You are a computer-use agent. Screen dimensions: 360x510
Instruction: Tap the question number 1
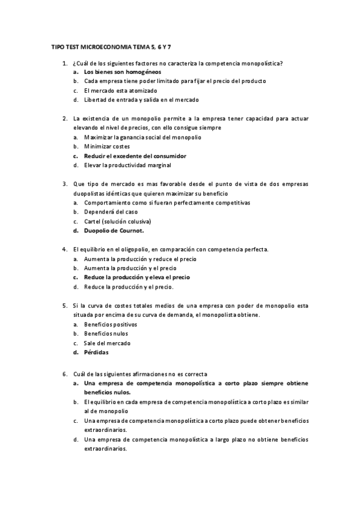tap(64, 63)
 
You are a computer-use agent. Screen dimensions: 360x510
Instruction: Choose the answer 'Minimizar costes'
tap(107, 146)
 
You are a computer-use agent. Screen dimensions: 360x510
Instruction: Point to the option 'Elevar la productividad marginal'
tap(128, 165)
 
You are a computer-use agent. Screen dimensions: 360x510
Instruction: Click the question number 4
tap(64, 249)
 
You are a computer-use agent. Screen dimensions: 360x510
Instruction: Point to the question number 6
tap(64, 373)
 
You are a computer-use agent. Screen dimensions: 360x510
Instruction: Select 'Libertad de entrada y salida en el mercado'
tap(141, 100)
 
